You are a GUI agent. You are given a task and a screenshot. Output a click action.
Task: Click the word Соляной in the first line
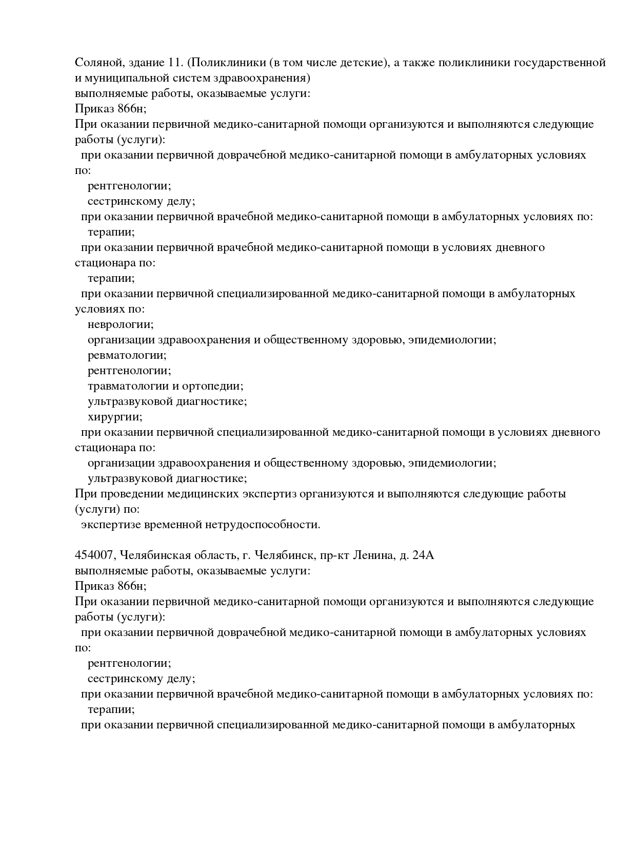point(95,63)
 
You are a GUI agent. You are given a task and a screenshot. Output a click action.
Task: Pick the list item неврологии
point(121,324)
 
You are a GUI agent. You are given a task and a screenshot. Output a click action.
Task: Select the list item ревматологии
point(127,355)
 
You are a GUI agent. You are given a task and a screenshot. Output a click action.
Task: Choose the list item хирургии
point(115,417)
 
